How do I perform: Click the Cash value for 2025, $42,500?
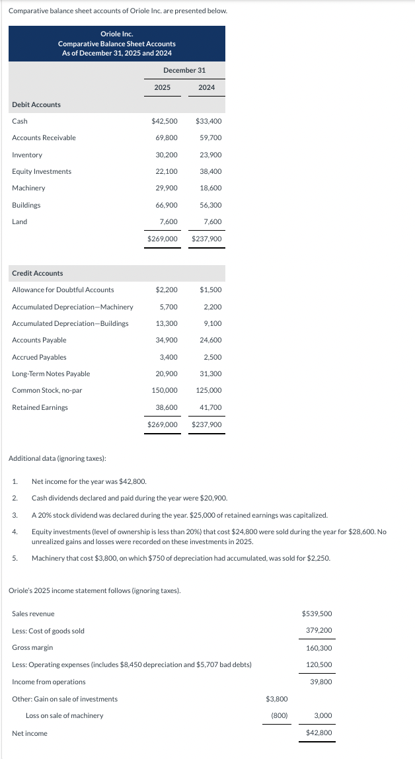pyautogui.click(x=165, y=121)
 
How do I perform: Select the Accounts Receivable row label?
pyautogui.click(x=44, y=138)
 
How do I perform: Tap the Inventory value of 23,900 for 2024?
pyautogui.click(x=210, y=155)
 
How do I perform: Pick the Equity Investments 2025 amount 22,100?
pyautogui.click(x=167, y=171)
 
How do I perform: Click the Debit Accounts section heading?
pyautogui.click(x=36, y=104)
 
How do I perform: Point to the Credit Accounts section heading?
pyautogui.click(x=38, y=273)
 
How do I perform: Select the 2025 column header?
pyautogui.click(x=162, y=87)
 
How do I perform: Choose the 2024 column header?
pyautogui.click(x=206, y=87)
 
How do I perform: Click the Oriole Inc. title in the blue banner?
pyautogui.click(x=117, y=34)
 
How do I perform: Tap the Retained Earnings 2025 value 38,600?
pyautogui.click(x=167, y=407)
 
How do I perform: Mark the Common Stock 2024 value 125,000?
pyautogui.click(x=209, y=390)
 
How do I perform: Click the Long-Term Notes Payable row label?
pyautogui.click(x=51, y=374)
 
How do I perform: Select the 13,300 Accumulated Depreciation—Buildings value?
pyautogui.click(x=167, y=323)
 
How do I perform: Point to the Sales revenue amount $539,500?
pyautogui.click(x=317, y=614)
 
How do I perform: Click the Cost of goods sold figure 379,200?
pyautogui.click(x=319, y=631)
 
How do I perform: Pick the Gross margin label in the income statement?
pyautogui.click(x=32, y=647)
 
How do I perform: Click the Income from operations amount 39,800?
pyautogui.click(x=321, y=682)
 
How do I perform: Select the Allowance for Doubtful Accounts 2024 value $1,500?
pyautogui.click(x=210, y=290)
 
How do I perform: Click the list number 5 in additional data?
pyautogui.click(x=14, y=558)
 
